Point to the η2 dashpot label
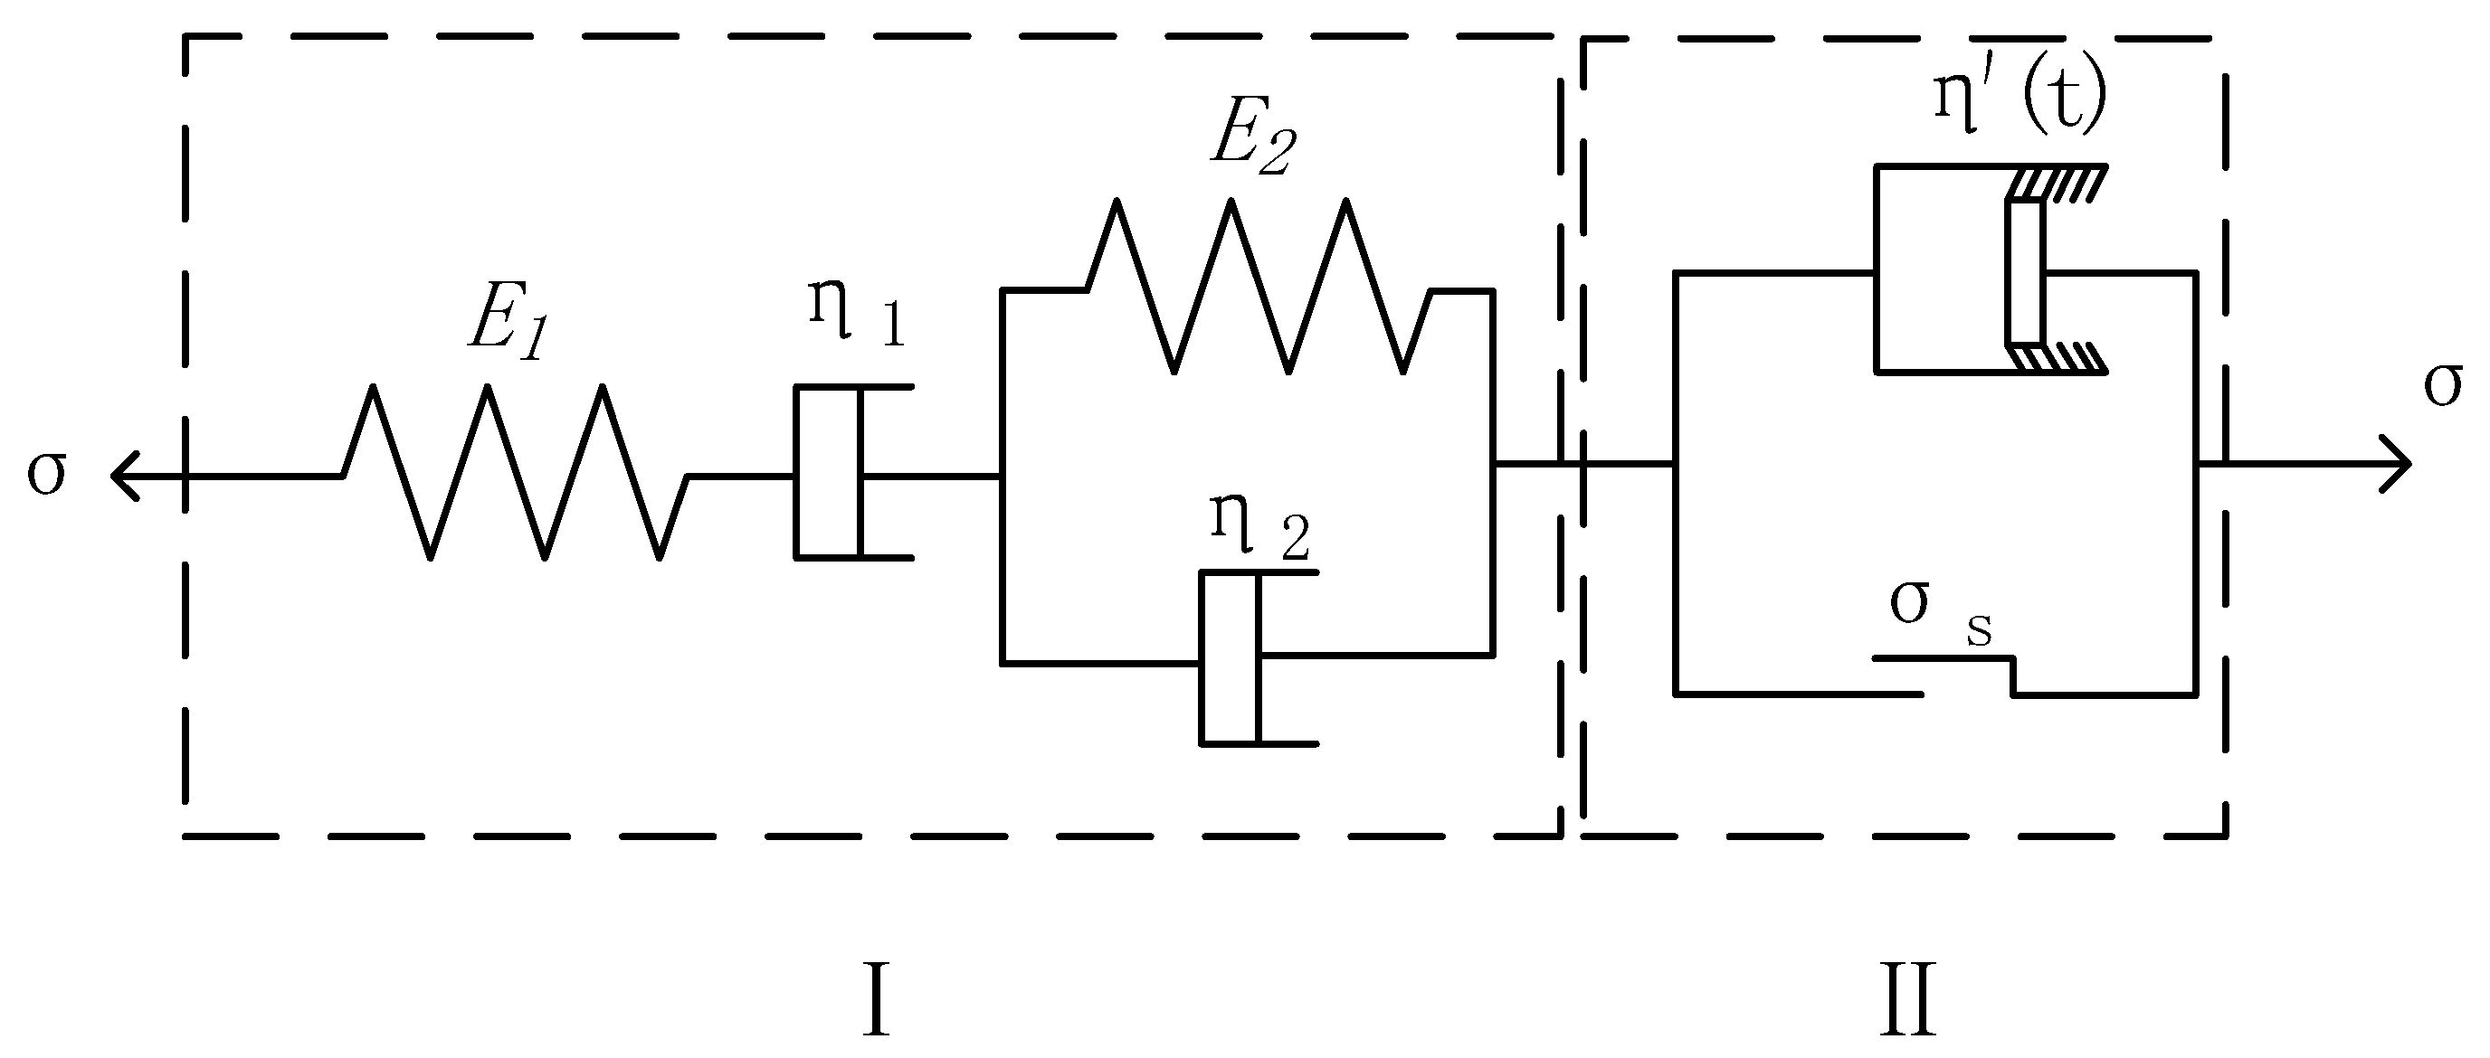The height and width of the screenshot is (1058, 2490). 1259,527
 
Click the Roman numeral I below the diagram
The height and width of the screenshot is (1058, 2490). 875,1000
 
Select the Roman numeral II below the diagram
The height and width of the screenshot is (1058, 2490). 1908,1000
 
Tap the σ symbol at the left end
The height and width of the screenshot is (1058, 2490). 46,474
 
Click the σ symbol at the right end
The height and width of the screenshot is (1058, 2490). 2443,385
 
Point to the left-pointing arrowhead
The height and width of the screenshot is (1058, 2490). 124,476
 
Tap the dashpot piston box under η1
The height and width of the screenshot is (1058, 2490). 827,472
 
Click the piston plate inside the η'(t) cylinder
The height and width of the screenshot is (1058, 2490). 2025,272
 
